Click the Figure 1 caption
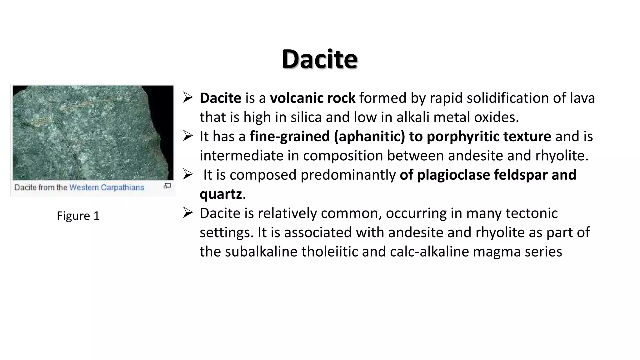[x=78, y=216]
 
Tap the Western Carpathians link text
[x=107, y=187]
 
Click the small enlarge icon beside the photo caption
[x=167, y=186]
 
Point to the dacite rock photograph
[x=93, y=132]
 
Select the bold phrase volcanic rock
[x=312, y=98]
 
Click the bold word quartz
[x=221, y=194]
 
